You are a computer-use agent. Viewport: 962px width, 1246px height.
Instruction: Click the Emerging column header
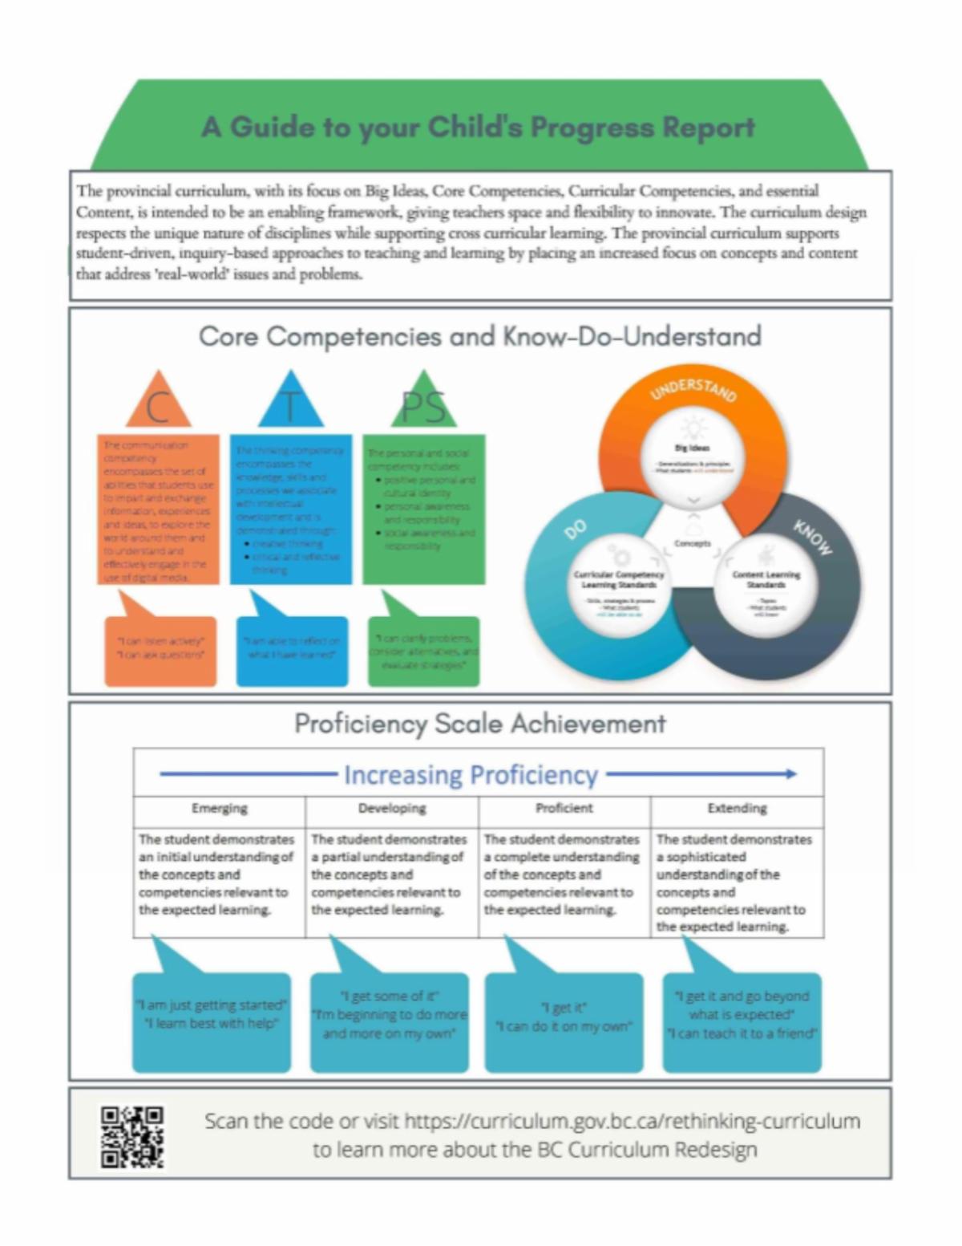pos(219,809)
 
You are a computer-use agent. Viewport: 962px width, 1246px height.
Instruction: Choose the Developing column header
pos(392,809)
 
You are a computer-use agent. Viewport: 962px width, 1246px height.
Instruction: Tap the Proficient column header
pos(564,809)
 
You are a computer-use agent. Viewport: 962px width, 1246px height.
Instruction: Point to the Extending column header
pos(737,809)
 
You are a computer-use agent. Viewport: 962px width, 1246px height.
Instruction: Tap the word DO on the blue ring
pos(576,529)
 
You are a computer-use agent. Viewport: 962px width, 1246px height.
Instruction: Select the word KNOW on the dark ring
pos(813,536)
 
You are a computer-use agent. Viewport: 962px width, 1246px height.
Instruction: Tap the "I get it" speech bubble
pos(564,1021)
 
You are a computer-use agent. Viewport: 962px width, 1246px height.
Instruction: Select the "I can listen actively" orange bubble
pos(160,650)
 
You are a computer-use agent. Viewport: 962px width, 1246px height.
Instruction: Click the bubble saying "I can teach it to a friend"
pos(742,1021)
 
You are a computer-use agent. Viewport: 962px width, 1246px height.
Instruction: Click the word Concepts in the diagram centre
pos(693,544)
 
